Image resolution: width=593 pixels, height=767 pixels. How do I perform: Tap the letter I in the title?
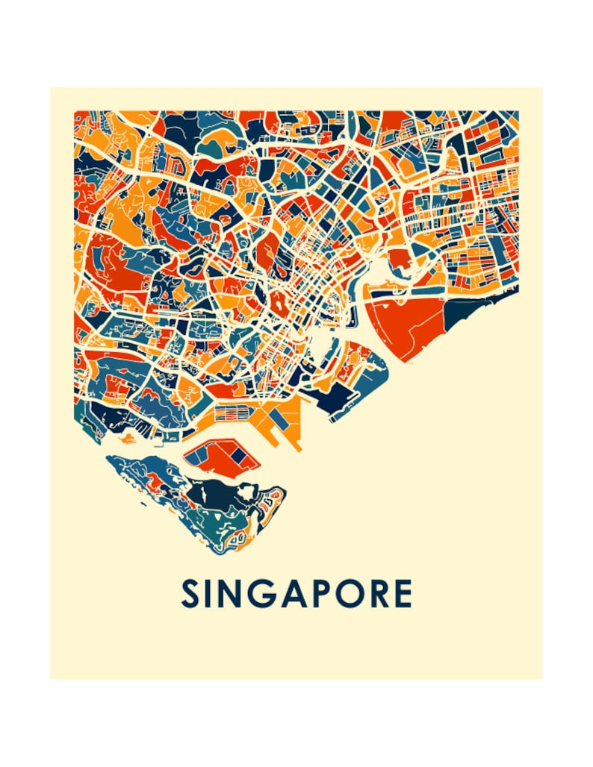[212, 594]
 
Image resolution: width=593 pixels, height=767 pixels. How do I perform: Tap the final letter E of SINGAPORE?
[403, 594]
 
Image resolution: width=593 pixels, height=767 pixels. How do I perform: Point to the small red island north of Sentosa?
[217, 457]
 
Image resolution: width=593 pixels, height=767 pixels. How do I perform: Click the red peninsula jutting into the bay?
[396, 258]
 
